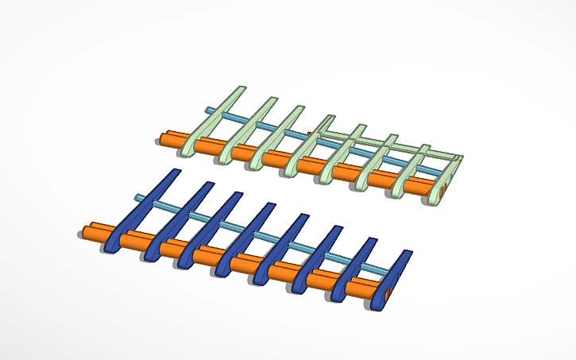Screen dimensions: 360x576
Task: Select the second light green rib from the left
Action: point(244,131)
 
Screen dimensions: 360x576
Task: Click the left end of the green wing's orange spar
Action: point(162,138)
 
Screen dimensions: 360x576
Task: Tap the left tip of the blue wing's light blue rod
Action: point(138,197)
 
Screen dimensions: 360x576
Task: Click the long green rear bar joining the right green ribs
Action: point(397,144)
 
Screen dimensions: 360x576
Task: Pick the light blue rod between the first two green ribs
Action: point(230,118)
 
